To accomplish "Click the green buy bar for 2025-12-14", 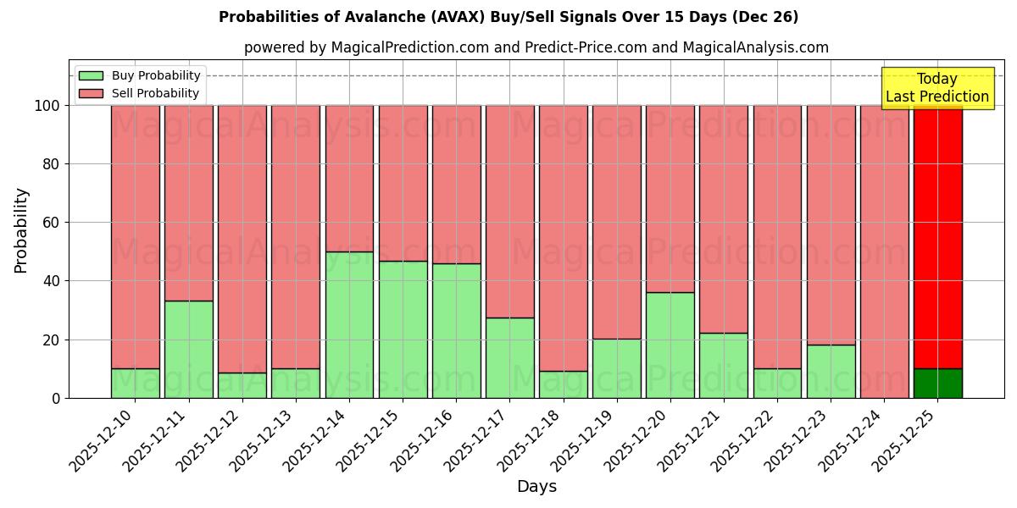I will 349,325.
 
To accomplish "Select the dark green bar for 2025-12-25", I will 937,384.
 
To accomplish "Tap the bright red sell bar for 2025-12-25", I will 937,237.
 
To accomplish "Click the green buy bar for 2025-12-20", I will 670,345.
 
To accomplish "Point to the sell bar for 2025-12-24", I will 884,251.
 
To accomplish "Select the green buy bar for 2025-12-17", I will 510,357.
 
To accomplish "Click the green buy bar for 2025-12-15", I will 403,329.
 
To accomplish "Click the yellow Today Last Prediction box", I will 936,88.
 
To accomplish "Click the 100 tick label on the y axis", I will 46,106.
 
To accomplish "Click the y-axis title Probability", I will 21,230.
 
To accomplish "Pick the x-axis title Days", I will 536,487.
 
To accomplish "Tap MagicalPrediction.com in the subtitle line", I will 409,47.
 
